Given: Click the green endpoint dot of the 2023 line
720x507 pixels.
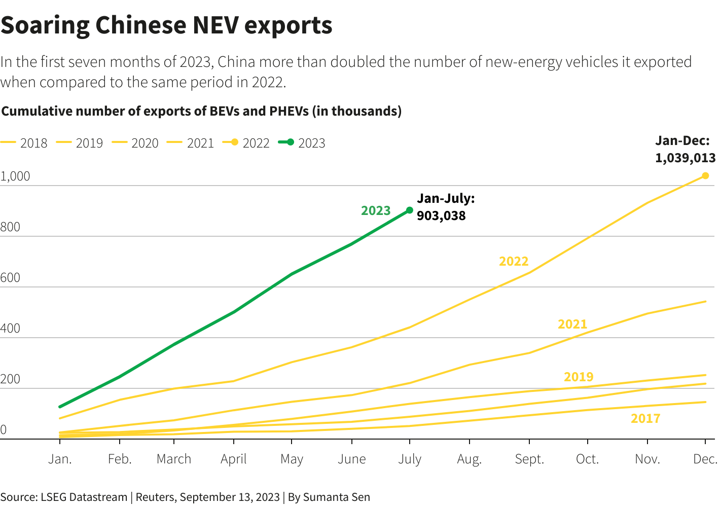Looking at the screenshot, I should (x=410, y=210).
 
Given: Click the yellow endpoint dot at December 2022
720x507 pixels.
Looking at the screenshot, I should (x=705, y=176).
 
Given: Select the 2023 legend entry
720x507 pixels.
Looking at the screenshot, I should (x=302, y=143).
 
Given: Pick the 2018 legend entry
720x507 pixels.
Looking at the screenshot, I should (x=24, y=143).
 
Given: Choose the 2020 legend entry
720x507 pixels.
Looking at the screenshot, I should (x=135, y=143).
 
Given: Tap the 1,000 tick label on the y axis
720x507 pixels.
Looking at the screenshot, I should (x=15, y=176).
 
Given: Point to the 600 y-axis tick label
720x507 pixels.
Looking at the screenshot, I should (x=10, y=278).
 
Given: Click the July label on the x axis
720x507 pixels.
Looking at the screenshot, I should (x=410, y=459).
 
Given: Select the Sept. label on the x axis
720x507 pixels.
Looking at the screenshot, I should (x=529, y=459).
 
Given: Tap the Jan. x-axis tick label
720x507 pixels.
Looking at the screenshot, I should (x=60, y=459).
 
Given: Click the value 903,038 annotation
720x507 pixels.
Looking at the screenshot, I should (x=441, y=216).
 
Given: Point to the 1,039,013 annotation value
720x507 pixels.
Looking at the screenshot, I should (x=685, y=158).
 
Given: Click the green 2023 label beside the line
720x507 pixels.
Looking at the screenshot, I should (x=376, y=211).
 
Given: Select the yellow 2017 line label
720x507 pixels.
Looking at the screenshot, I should (x=645, y=419).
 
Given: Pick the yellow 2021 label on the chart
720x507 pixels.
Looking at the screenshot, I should (x=572, y=324).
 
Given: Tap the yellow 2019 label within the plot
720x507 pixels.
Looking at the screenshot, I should (x=579, y=377).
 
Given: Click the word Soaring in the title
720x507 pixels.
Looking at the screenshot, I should (x=45, y=25).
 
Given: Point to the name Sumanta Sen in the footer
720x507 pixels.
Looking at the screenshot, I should (x=337, y=497).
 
